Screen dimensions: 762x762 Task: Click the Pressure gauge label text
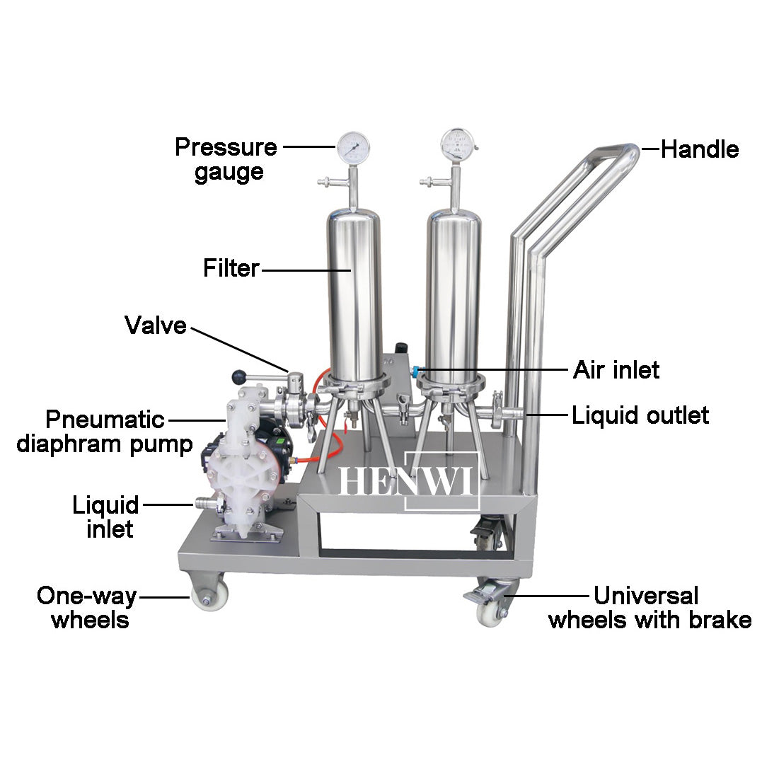coord(226,159)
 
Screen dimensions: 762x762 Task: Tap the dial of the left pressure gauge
coord(353,146)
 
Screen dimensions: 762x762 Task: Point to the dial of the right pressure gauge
coord(456,144)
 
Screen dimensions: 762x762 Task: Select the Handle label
coord(700,150)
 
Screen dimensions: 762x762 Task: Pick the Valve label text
coord(156,325)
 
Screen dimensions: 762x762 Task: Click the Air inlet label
coord(616,369)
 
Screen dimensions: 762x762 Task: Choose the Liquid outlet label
coord(640,415)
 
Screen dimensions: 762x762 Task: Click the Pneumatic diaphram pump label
coord(105,432)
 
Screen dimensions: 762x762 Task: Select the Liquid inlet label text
coord(106,517)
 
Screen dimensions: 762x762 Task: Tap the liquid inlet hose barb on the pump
coord(204,504)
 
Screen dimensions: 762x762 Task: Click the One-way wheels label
coord(86,608)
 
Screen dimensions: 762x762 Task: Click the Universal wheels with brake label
coord(650,608)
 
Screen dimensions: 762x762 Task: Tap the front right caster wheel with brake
coord(490,610)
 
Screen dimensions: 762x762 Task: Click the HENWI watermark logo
coord(409,481)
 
